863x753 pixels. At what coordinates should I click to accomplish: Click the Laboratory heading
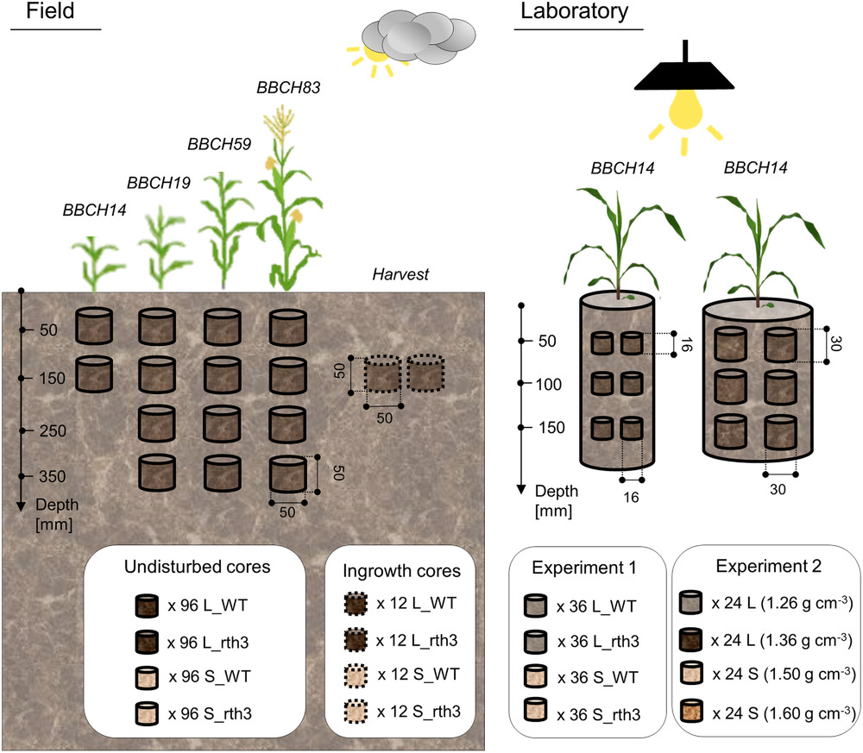[x=573, y=13]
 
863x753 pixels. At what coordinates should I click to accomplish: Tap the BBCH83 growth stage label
[x=284, y=88]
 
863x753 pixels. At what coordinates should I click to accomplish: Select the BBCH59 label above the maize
[x=219, y=143]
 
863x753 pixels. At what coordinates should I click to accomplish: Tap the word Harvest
[x=402, y=275]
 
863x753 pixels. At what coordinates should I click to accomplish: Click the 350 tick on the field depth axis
[x=51, y=475]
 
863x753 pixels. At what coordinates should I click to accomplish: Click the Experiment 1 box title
[x=583, y=569]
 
